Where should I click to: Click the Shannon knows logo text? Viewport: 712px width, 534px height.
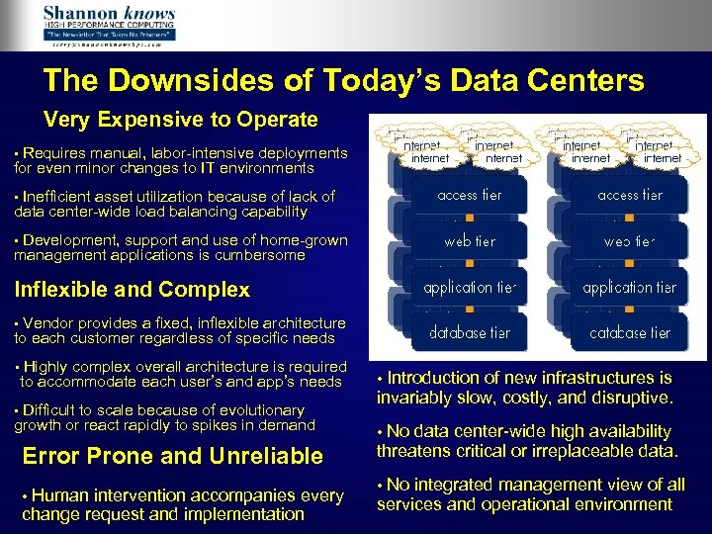[x=109, y=15]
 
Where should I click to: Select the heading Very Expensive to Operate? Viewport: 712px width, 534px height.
[x=181, y=121]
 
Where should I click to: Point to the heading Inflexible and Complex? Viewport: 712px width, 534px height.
[x=132, y=290]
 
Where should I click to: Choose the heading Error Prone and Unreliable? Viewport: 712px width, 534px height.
[x=172, y=456]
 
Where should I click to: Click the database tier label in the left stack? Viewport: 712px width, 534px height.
[x=470, y=333]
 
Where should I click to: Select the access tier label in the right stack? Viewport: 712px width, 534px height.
[x=630, y=195]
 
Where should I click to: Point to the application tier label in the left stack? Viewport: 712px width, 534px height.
[x=470, y=288]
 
